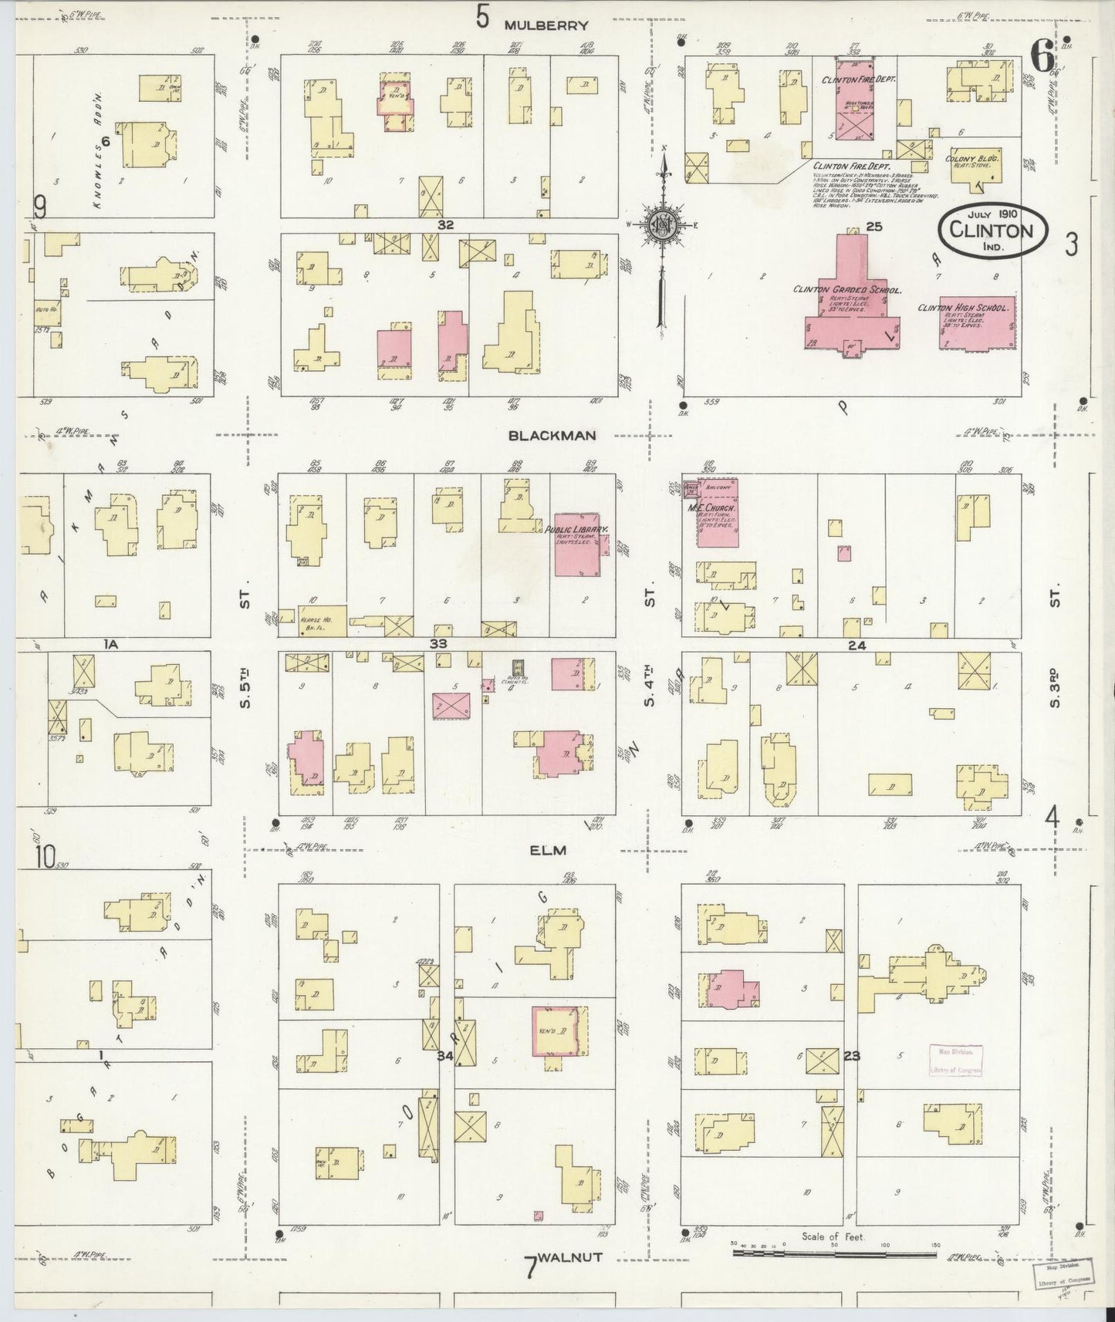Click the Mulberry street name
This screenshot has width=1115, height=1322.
coord(546,25)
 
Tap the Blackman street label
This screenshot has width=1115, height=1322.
coord(552,435)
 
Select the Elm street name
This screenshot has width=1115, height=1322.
coord(549,850)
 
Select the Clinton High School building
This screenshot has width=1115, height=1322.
coord(975,323)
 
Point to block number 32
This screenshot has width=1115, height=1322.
coord(444,225)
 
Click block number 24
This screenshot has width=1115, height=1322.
coord(856,645)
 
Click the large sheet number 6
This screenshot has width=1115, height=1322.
coord(1042,56)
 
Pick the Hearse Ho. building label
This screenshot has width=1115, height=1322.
coord(311,619)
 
